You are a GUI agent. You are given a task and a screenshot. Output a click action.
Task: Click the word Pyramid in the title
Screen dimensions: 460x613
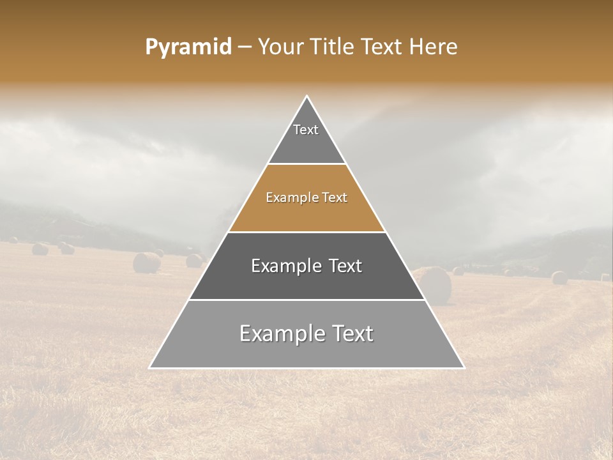pyautogui.click(x=188, y=47)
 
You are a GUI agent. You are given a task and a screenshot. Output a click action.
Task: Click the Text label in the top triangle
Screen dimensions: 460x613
pyautogui.click(x=306, y=130)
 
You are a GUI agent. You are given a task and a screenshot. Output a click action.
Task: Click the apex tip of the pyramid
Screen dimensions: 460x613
pyautogui.click(x=307, y=96)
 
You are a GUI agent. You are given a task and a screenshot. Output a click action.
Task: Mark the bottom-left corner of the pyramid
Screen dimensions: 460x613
pyautogui.click(x=150, y=367)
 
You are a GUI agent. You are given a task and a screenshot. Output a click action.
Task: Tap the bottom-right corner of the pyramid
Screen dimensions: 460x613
pyautogui.click(x=464, y=367)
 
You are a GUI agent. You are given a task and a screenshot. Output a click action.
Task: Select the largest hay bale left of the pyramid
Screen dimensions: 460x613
pyautogui.click(x=146, y=263)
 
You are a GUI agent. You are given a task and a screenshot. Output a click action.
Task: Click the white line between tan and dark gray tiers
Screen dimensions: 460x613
pyautogui.click(x=306, y=232)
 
